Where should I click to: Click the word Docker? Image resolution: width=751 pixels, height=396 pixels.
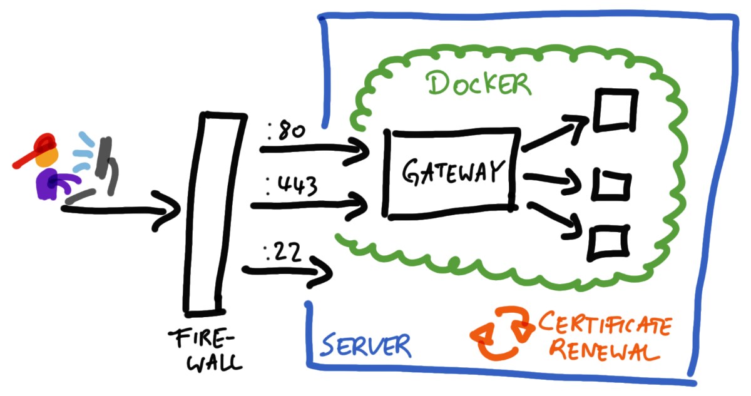point(479,84)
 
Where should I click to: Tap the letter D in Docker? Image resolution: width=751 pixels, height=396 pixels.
point(437,83)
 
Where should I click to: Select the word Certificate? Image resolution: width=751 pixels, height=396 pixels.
point(605,326)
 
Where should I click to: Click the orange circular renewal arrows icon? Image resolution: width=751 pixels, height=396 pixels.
point(499,333)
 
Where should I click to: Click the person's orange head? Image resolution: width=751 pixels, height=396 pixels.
point(48,158)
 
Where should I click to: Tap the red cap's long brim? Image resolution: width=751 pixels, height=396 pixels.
point(25,160)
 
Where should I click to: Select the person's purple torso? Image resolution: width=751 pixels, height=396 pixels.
point(45,185)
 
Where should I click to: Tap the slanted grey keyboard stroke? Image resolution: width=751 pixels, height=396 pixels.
point(80,197)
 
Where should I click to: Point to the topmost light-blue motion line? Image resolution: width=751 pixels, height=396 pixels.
point(85,139)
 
